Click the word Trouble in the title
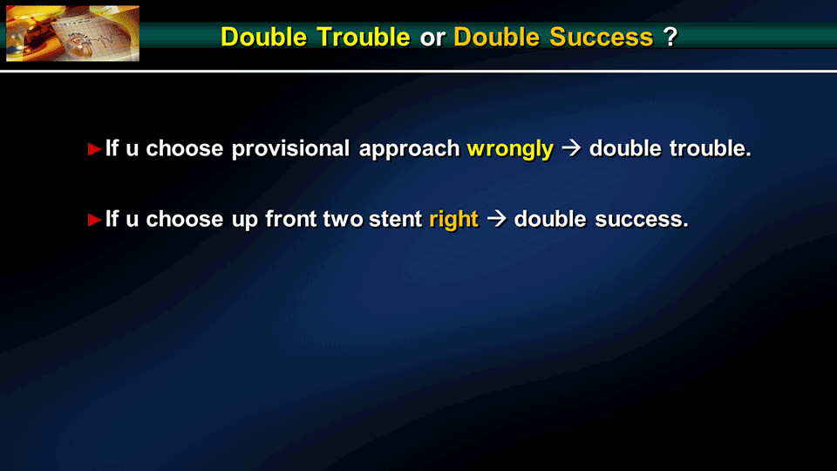click(364, 37)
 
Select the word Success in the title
click(602, 37)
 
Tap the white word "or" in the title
click(432, 38)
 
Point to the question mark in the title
click(670, 37)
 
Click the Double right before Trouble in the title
click(263, 37)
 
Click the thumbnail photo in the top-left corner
click(72, 33)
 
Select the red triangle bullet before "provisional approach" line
click(94, 149)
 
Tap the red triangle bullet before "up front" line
click(94, 220)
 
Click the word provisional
click(290, 149)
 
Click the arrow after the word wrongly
click(572, 148)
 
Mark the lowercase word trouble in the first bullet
click(711, 148)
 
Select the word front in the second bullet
click(291, 219)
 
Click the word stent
click(396, 220)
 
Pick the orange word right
click(453, 220)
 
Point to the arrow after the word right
click(496, 219)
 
